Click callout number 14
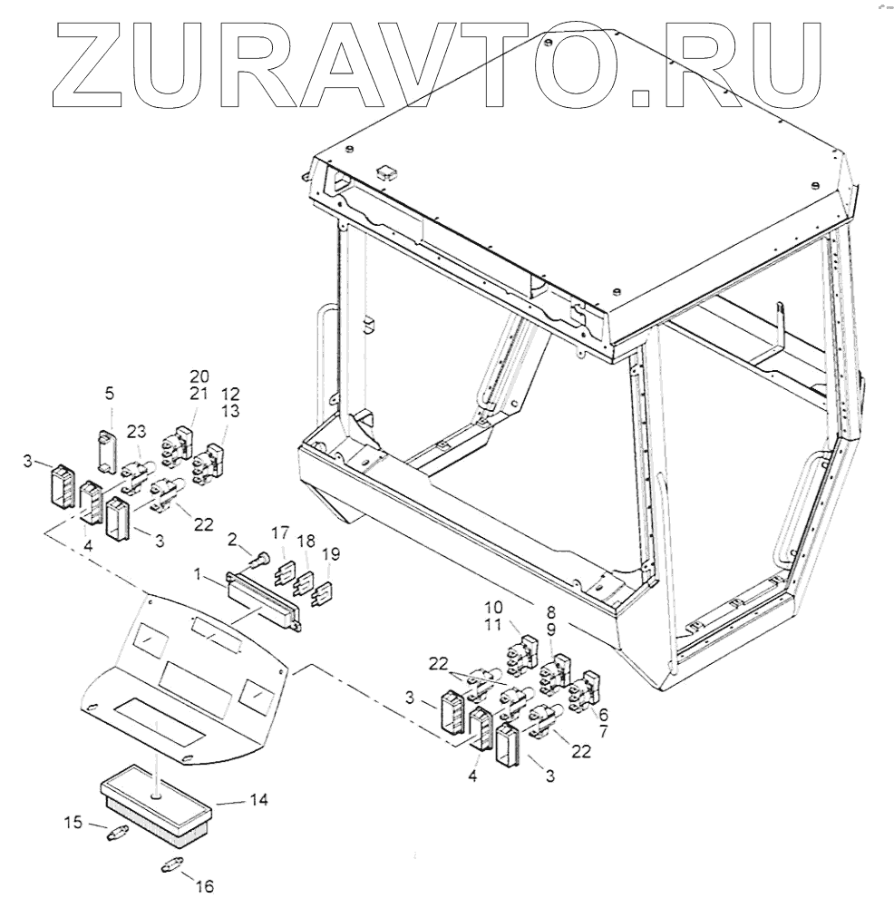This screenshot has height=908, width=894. [258, 801]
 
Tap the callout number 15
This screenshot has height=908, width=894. [73, 823]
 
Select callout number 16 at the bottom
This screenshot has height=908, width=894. [205, 886]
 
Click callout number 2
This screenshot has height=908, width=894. [233, 540]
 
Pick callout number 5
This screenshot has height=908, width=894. [110, 394]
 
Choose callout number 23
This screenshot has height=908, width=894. [136, 432]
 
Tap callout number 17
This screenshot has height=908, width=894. [279, 532]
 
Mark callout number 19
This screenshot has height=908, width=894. [332, 553]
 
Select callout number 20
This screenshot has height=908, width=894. [199, 376]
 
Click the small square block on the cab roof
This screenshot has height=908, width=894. [384, 170]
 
